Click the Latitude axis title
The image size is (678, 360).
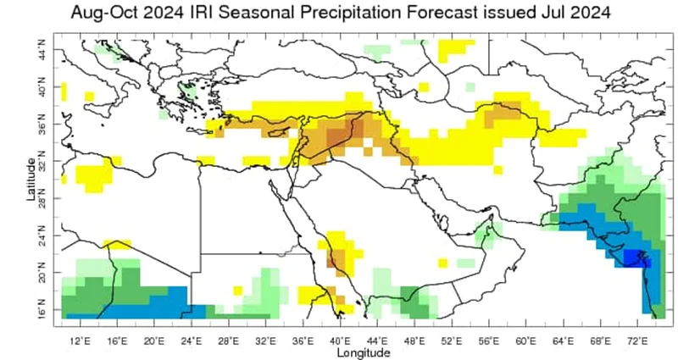coord(31,177)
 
